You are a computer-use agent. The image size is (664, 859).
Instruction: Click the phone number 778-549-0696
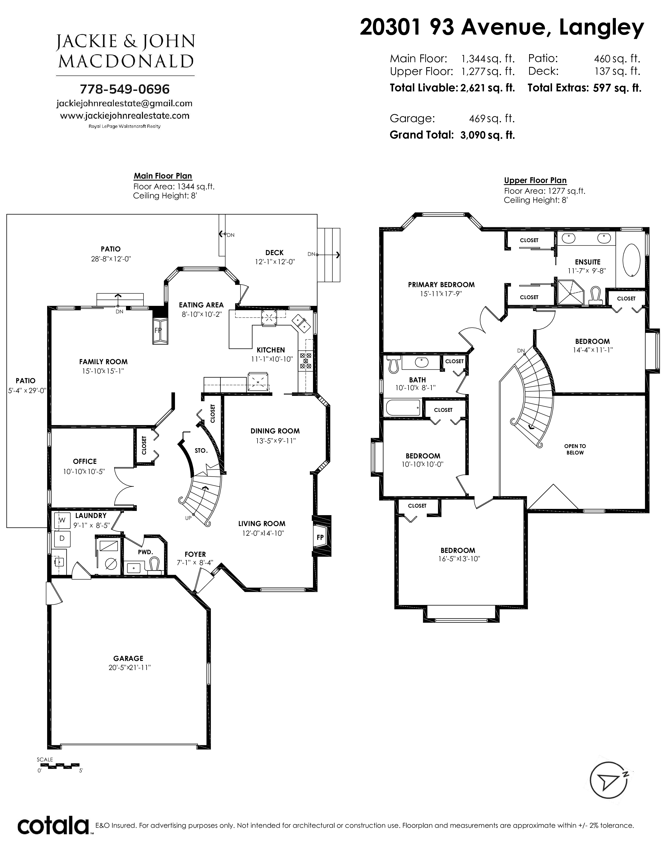[125, 89]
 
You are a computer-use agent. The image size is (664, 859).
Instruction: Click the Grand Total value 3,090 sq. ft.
[487, 135]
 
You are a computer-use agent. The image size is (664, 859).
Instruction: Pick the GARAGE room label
[128, 658]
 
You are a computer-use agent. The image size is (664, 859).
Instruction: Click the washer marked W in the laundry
[62, 520]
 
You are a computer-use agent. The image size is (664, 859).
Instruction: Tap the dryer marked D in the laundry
[62, 538]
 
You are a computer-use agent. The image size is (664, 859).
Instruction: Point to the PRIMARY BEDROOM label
[441, 284]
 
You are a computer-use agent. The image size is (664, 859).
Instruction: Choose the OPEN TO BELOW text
[575, 449]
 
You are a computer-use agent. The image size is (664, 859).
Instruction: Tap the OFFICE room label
[85, 461]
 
